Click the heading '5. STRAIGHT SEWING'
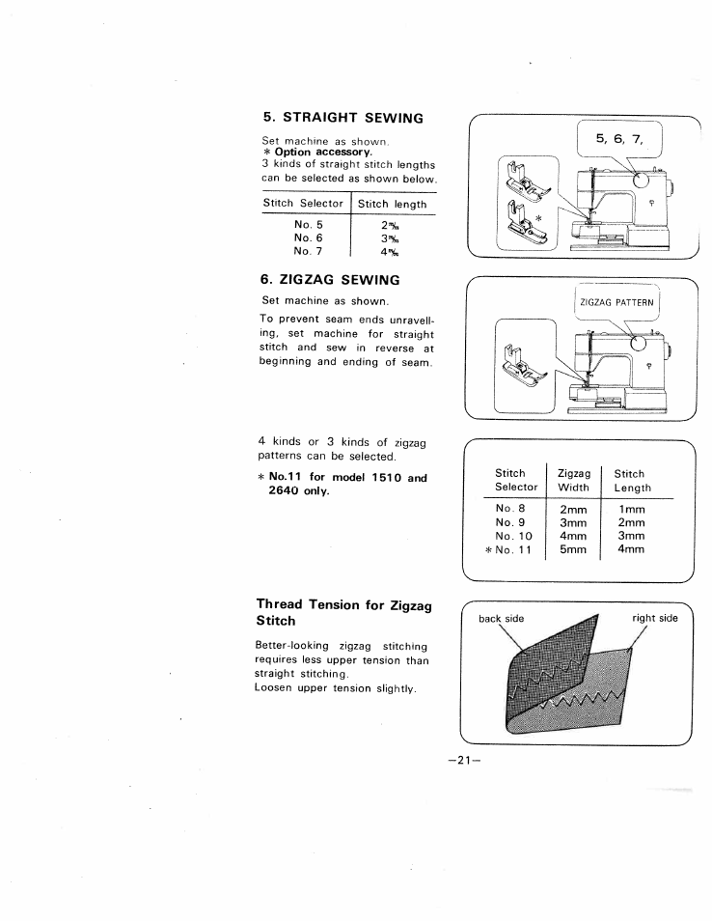point(342,118)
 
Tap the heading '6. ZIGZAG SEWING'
point(331,279)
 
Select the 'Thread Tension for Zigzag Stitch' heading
point(342,613)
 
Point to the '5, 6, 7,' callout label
point(617,139)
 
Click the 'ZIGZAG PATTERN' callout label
point(616,302)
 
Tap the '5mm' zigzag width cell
point(573,550)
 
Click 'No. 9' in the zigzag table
point(508,521)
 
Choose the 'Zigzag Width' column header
point(574,480)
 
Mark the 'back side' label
point(501,618)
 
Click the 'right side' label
point(655,618)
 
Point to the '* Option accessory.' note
point(317,153)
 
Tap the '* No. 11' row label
point(507,550)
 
